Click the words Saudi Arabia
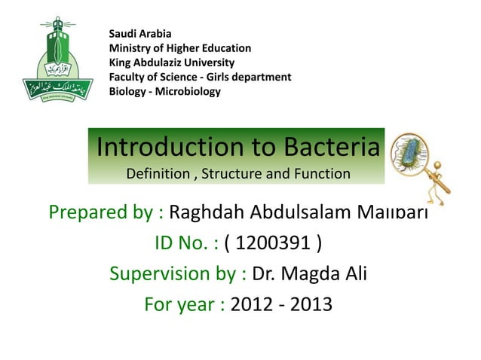tap(140, 33)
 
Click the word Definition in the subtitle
tap(158, 174)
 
